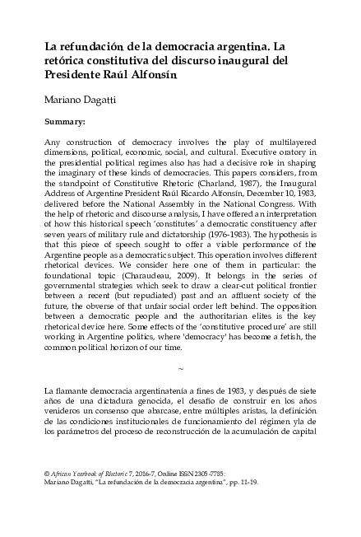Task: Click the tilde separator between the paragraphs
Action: [180, 390]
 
